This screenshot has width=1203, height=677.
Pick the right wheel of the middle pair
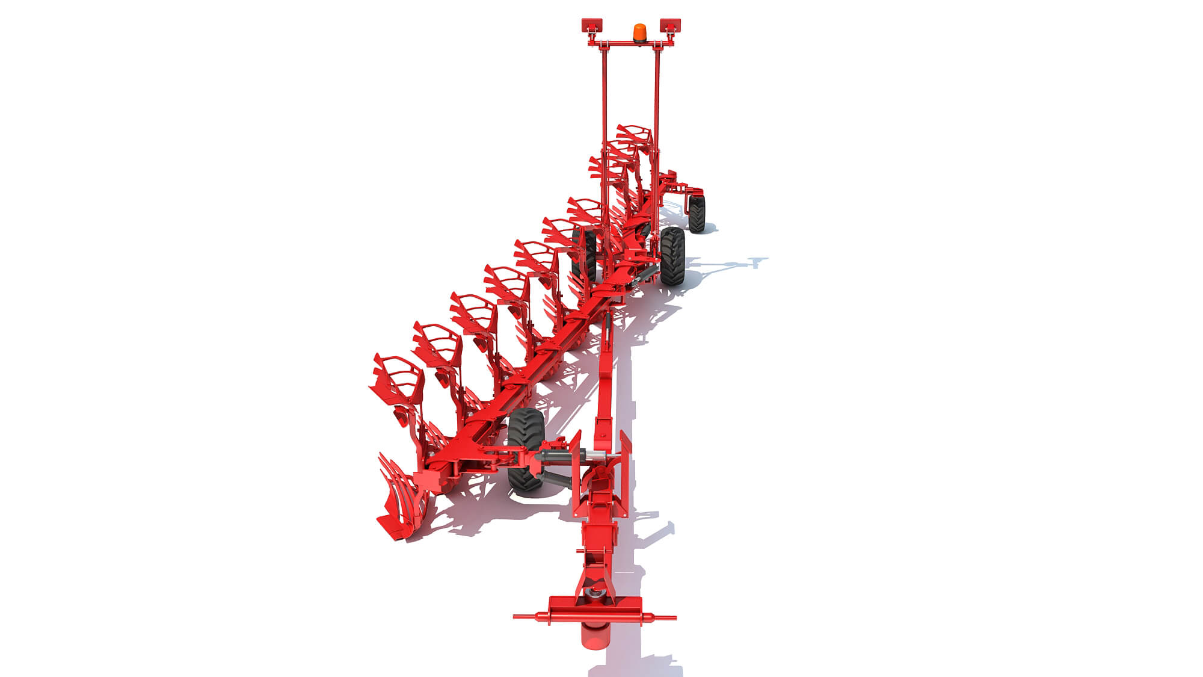(672, 256)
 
